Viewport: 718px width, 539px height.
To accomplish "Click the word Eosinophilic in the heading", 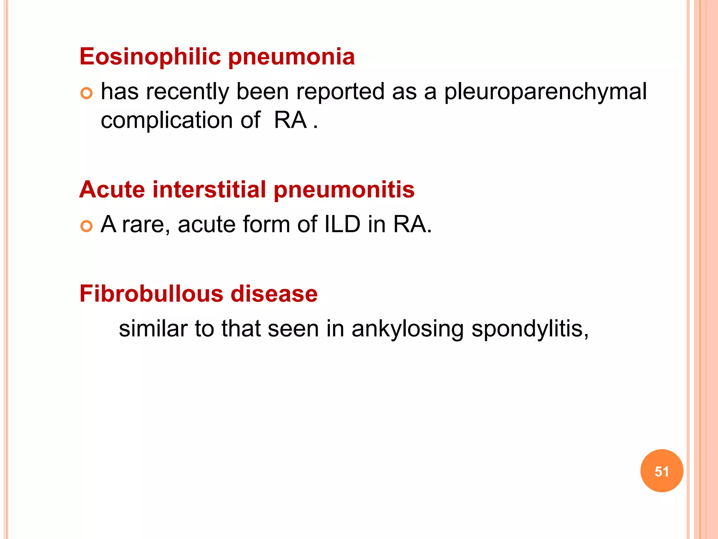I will coord(150,56).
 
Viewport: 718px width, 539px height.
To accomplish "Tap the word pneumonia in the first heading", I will coord(291,57).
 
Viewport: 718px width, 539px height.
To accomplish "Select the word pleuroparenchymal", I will coord(545,92).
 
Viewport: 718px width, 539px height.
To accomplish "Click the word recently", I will coord(187,92).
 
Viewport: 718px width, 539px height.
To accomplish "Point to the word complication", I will coord(167,120).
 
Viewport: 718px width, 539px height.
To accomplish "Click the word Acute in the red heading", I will coord(112,189).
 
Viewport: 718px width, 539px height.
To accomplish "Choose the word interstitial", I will coord(209,189).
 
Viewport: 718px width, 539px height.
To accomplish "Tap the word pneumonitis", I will coord(344,190).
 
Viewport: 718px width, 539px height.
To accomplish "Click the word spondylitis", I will coord(529,329).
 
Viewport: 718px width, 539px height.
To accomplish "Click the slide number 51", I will coord(662,471).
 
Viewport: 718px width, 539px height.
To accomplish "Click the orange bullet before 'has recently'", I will coord(86,93).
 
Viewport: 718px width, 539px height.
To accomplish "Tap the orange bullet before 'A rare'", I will coord(86,226).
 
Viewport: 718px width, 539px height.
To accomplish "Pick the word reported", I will coord(340,92).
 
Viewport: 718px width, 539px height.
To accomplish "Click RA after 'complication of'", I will coord(290,120).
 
